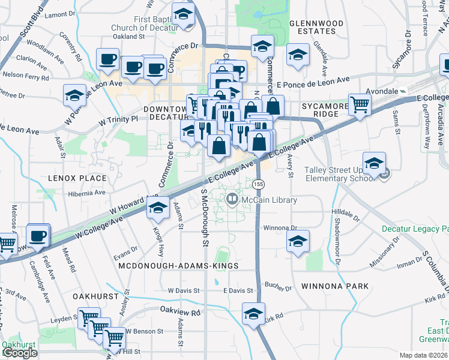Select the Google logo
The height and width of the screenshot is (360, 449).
pos(20,353)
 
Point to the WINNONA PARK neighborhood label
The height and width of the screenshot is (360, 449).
pos(335,286)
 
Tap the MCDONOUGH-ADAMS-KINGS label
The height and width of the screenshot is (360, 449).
pos(178,265)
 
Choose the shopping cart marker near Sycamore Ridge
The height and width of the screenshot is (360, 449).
pos(360,105)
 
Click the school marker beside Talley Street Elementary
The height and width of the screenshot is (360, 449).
pos(373,163)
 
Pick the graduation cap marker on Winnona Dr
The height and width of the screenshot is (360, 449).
pos(298,241)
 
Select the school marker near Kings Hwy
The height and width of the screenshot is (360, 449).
pos(158,209)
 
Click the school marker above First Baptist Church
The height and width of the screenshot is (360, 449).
pos(184,14)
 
